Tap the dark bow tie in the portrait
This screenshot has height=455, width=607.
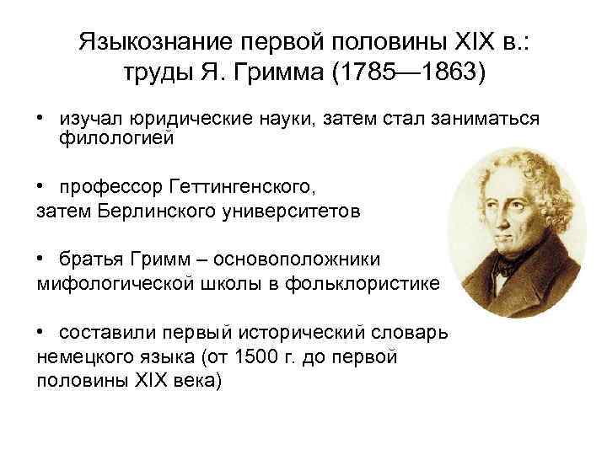point(506,267)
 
